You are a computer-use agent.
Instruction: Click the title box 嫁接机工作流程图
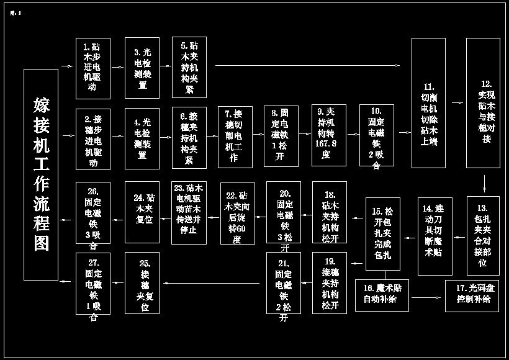[x=41, y=174]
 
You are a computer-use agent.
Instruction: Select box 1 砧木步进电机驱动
[x=93, y=68]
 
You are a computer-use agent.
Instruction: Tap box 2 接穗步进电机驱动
[x=93, y=140]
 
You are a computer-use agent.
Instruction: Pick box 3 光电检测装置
[x=142, y=68]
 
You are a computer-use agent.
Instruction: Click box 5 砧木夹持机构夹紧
[x=189, y=68]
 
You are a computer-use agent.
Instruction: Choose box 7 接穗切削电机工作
[x=235, y=137]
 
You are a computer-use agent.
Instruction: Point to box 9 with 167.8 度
[x=329, y=135]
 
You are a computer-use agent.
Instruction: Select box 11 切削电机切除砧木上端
[x=428, y=103]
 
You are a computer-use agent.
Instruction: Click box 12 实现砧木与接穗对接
[x=483, y=103]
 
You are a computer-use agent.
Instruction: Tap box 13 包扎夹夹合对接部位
[x=483, y=236]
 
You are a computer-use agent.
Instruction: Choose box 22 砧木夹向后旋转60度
[x=238, y=213]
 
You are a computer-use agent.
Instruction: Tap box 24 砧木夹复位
[x=142, y=212]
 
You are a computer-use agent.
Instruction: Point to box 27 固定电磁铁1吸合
[x=93, y=283]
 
